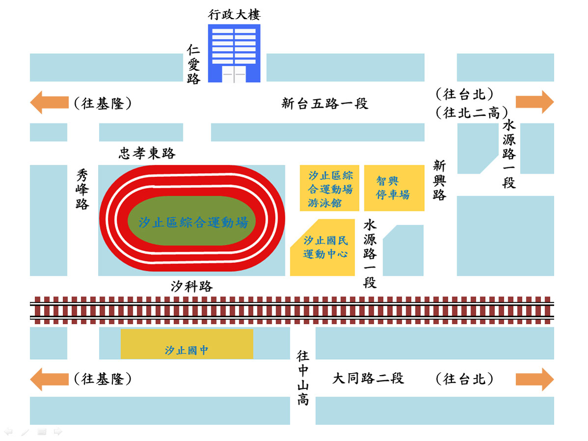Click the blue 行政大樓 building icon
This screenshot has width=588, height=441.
click(234, 53)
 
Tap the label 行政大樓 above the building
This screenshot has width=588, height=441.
click(234, 15)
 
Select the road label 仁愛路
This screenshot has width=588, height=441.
click(194, 64)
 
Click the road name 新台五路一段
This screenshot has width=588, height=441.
click(325, 104)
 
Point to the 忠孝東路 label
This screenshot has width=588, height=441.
click(147, 153)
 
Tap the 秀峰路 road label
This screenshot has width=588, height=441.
click(82, 189)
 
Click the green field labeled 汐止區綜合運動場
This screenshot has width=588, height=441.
click(192, 222)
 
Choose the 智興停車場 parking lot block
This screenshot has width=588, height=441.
click(393, 188)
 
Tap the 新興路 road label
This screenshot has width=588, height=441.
click(439, 180)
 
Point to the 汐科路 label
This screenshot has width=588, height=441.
click(192, 287)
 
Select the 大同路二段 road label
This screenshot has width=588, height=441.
click(368, 379)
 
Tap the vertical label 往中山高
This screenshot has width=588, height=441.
click(303, 377)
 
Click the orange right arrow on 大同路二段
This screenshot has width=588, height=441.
click(534, 379)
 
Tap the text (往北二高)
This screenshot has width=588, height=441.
click(472, 113)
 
